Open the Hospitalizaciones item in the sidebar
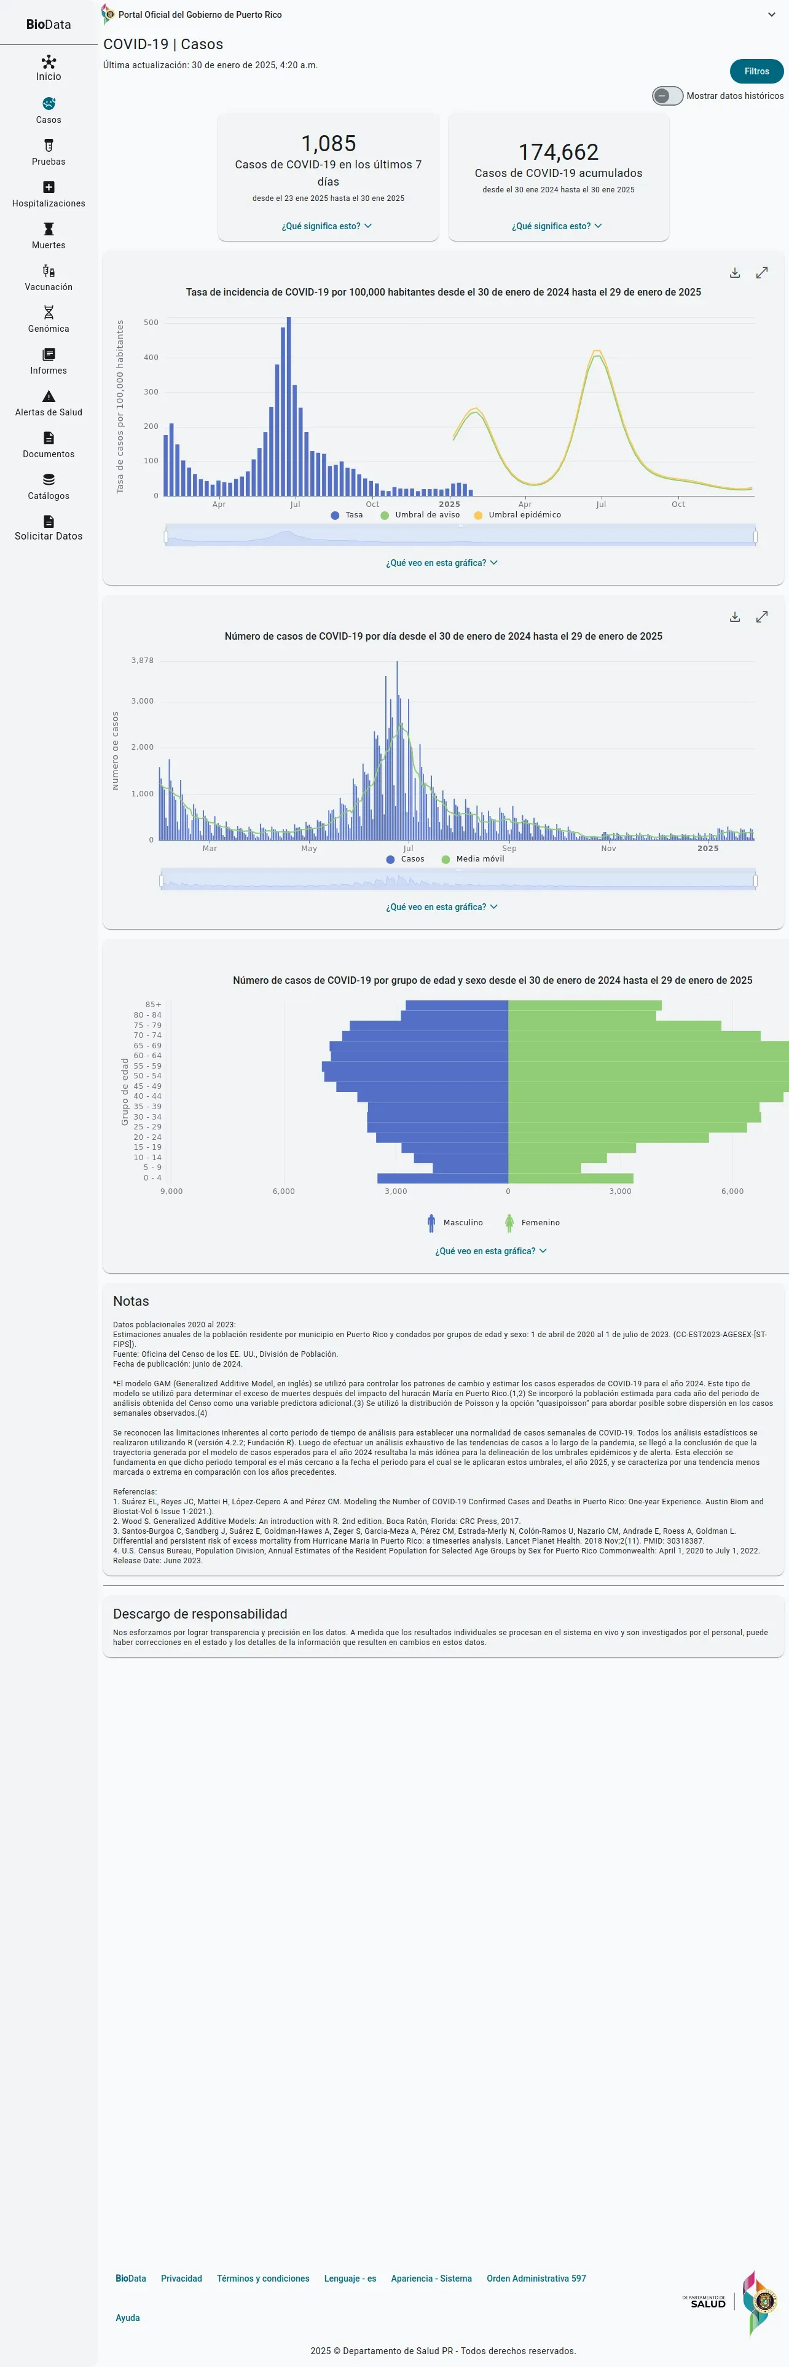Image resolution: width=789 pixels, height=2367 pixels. (x=49, y=194)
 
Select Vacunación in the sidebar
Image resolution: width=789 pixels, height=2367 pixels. (x=49, y=278)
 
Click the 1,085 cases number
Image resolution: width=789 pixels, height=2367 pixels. (x=328, y=143)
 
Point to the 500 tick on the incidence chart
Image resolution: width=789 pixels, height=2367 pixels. (x=151, y=323)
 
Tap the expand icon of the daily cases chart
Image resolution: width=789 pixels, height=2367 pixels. (x=761, y=616)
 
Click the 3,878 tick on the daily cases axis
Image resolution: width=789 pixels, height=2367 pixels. (x=143, y=661)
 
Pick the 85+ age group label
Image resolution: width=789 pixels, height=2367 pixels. (x=152, y=1004)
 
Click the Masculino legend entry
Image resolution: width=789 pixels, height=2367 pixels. (x=455, y=1222)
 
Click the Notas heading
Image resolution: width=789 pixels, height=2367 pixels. (x=130, y=1301)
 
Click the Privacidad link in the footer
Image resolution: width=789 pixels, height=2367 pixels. (x=181, y=2278)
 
